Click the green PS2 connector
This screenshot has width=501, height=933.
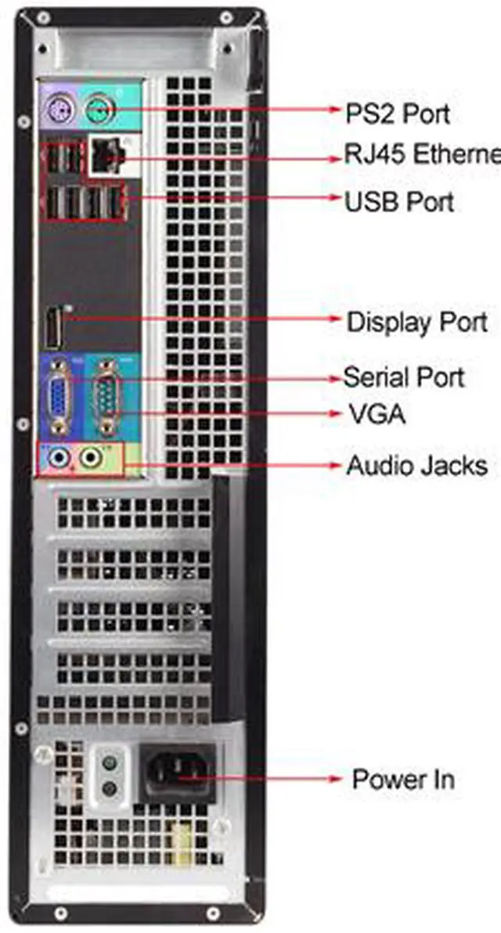tap(99, 106)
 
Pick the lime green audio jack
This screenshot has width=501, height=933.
tap(92, 456)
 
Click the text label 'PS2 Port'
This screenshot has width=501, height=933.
tap(398, 113)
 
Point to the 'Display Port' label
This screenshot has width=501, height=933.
tap(416, 322)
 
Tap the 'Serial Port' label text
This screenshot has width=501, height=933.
tap(404, 377)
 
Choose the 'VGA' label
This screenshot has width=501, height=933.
tap(376, 413)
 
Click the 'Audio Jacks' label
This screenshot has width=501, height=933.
tap(416, 466)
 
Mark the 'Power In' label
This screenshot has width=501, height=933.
tap(402, 780)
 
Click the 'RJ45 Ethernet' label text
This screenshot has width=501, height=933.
tap(421, 154)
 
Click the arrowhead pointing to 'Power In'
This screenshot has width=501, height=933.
tap(337, 780)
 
